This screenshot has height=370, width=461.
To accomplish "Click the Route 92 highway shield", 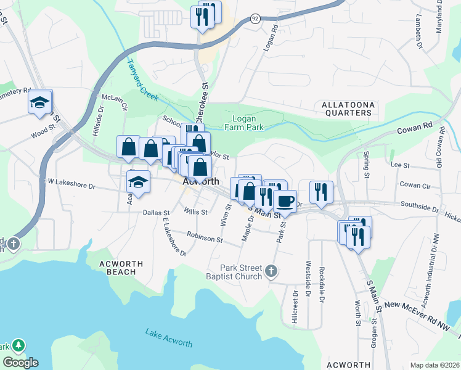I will tap(255, 19).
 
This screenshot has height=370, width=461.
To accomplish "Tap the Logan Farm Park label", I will tap(248, 123).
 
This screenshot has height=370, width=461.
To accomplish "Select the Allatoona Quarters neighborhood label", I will tap(347, 109).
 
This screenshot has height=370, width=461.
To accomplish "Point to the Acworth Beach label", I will tap(121, 268).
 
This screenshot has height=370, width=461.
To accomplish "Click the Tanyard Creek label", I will tap(142, 80).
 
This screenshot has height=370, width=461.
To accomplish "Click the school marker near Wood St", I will tap(39, 102).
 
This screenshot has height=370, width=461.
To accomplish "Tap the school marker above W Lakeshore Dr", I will tap(139, 182).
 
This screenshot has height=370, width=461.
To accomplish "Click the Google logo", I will tap(20, 363).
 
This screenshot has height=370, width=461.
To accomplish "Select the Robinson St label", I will tap(205, 237).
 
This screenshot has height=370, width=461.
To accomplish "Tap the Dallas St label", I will tap(156, 213).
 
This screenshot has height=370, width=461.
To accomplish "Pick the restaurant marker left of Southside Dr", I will tap(321, 191).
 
